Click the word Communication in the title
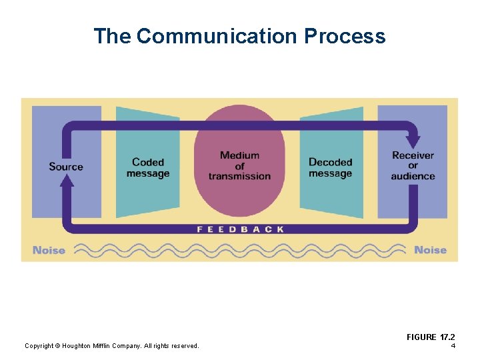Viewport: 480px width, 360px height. click(x=217, y=36)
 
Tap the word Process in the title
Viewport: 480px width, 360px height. click(x=345, y=36)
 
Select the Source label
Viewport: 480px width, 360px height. click(x=66, y=166)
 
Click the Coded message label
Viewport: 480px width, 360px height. click(x=148, y=168)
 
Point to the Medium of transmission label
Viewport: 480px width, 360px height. click(x=239, y=166)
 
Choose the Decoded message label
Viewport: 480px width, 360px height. click(x=330, y=168)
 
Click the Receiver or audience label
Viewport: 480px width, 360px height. click(x=413, y=166)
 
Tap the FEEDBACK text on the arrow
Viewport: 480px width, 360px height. click(x=240, y=229)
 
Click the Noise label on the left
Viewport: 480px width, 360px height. click(x=49, y=251)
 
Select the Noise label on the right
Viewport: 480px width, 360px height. click(x=430, y=250)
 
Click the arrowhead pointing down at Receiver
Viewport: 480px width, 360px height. click(x=413, y=141)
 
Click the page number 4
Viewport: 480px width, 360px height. click(x=453, y=345)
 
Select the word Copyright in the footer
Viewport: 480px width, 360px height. click(x=39, y=345)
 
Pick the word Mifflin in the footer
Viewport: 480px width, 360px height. click(x=108, y=345)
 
